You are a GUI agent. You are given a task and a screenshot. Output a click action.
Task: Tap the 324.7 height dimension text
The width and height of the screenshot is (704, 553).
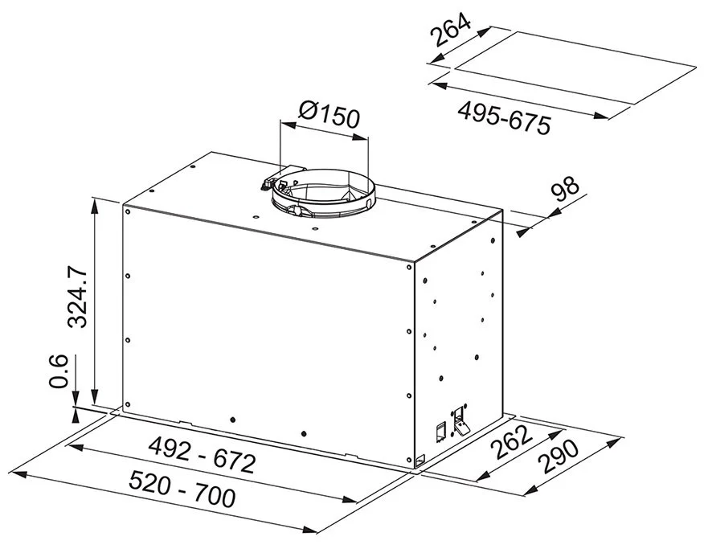click(x=77, y=297)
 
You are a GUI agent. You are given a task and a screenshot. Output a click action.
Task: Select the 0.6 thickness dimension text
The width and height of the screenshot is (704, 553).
click(x=59, y=371)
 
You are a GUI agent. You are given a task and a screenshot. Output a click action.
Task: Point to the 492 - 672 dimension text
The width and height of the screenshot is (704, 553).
click(x=202, y=454)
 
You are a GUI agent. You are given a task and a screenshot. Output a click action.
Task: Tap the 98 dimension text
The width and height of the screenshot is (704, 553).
click(x=566, y=189)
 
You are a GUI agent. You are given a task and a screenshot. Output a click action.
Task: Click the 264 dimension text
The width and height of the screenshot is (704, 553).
click(x=451, y=30)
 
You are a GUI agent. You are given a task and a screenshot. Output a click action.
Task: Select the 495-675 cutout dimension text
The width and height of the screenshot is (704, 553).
click(x=504, y=117)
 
